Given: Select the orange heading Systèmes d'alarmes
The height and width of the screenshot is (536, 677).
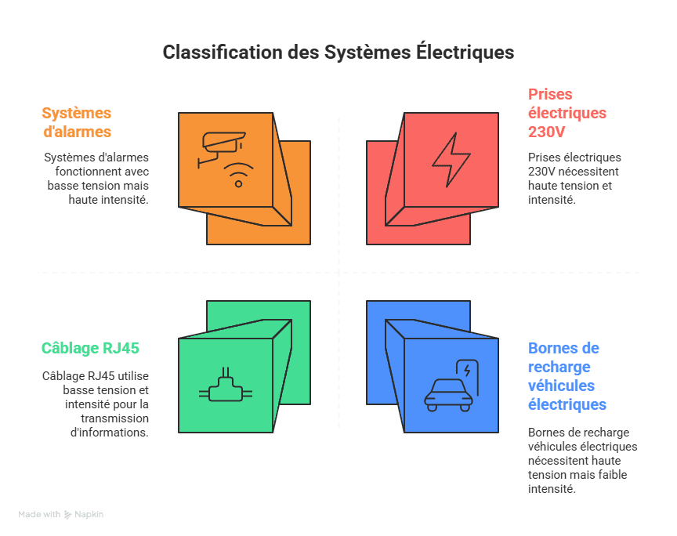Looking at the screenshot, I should point(77,122).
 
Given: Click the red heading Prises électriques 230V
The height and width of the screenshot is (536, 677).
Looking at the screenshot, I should point(567,112).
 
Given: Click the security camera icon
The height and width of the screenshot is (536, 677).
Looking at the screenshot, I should point(222,147).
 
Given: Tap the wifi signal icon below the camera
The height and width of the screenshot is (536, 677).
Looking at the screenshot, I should point(238,176).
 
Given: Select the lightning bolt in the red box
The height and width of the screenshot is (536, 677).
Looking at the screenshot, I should point(451,159).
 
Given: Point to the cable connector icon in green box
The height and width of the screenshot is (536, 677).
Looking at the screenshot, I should point(226,386).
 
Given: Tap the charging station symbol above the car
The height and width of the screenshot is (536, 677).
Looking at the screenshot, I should point(467,371).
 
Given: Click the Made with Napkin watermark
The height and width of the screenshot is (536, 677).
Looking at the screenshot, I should point(61,515).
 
